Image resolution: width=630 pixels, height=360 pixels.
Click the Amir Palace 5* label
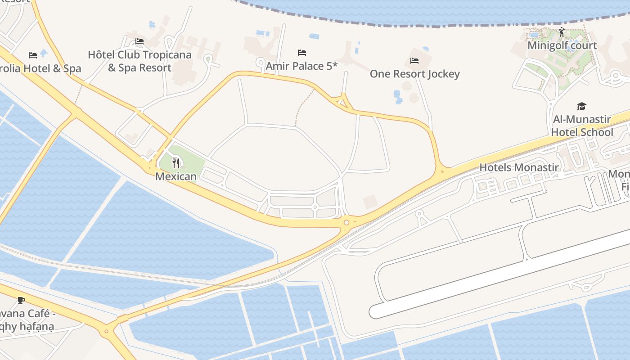[x=301, y=66]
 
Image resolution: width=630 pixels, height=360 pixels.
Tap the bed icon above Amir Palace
[x=302, y=53]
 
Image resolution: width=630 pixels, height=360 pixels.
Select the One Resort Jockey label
[x=414, y=74]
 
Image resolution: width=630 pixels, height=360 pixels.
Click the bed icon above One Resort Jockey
[x=414, y=60]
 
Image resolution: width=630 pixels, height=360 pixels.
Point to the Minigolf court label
[x=562, y=45]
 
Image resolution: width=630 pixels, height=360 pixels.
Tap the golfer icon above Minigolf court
[x=562, y=32]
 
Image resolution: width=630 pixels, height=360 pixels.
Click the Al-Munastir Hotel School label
[x=582, y=126]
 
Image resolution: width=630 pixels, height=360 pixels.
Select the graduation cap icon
[x=582, y=106]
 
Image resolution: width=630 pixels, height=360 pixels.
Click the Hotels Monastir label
[x=519, y=167]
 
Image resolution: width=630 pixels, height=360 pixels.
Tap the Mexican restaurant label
[x=176, y=176]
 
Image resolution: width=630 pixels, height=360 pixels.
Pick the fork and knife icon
[x=176, y=163]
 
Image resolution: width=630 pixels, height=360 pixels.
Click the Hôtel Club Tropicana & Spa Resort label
[x=139, y=61]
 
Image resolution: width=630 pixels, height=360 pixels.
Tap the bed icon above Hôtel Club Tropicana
[x=139, y=41]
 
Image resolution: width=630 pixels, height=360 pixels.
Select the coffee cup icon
[x=21, y=300]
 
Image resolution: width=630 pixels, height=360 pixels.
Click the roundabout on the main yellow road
[x=346, y=222]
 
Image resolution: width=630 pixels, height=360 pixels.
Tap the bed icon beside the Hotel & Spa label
[x=33, y=55]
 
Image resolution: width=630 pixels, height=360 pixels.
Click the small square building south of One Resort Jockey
[x=370, y=202]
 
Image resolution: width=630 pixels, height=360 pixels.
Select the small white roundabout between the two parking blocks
[x=315, y=207]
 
